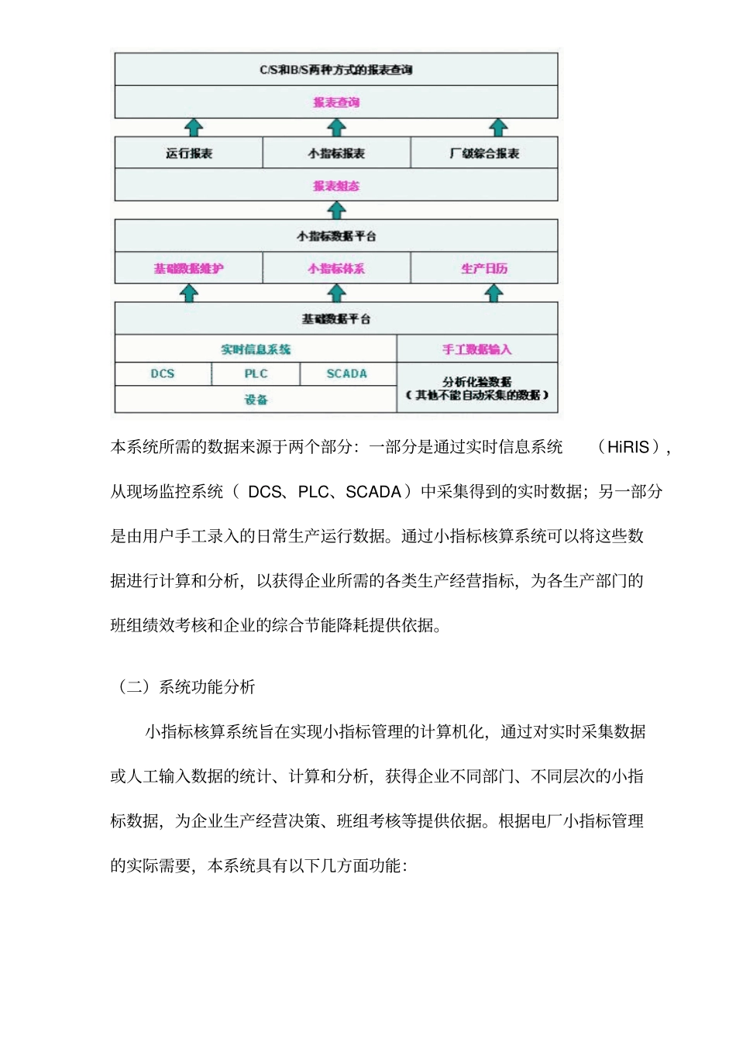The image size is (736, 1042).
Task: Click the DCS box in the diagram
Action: [x=163, y=373]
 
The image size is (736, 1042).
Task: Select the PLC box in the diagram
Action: [x=256, y=373]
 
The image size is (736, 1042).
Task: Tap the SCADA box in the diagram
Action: [x=346, y=373]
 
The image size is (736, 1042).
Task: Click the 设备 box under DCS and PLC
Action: [x=256, y=400]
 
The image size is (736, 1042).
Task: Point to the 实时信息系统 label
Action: [x=256, y=349]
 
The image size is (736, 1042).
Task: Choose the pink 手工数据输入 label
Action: [x=476, y=349]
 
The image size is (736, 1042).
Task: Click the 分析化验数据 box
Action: [x=476, y=387]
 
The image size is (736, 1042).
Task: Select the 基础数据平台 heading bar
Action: [x=336, y=318]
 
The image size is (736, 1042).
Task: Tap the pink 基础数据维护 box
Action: [x=188, y=269]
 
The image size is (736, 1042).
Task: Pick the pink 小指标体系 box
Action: [x=336, y=269]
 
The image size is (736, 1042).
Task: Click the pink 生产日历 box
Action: [x=484, y=269]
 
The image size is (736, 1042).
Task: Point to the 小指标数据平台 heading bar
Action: [x=336, y=236]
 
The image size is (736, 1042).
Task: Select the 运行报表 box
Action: [x=188, y=153]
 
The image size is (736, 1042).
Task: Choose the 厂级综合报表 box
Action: [x=484, y=153]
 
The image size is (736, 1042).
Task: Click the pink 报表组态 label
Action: [x=336, y=186]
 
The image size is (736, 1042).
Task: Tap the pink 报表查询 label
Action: [x=336, y=102]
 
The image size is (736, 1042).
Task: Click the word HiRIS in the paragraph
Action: [x=628, y=447]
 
